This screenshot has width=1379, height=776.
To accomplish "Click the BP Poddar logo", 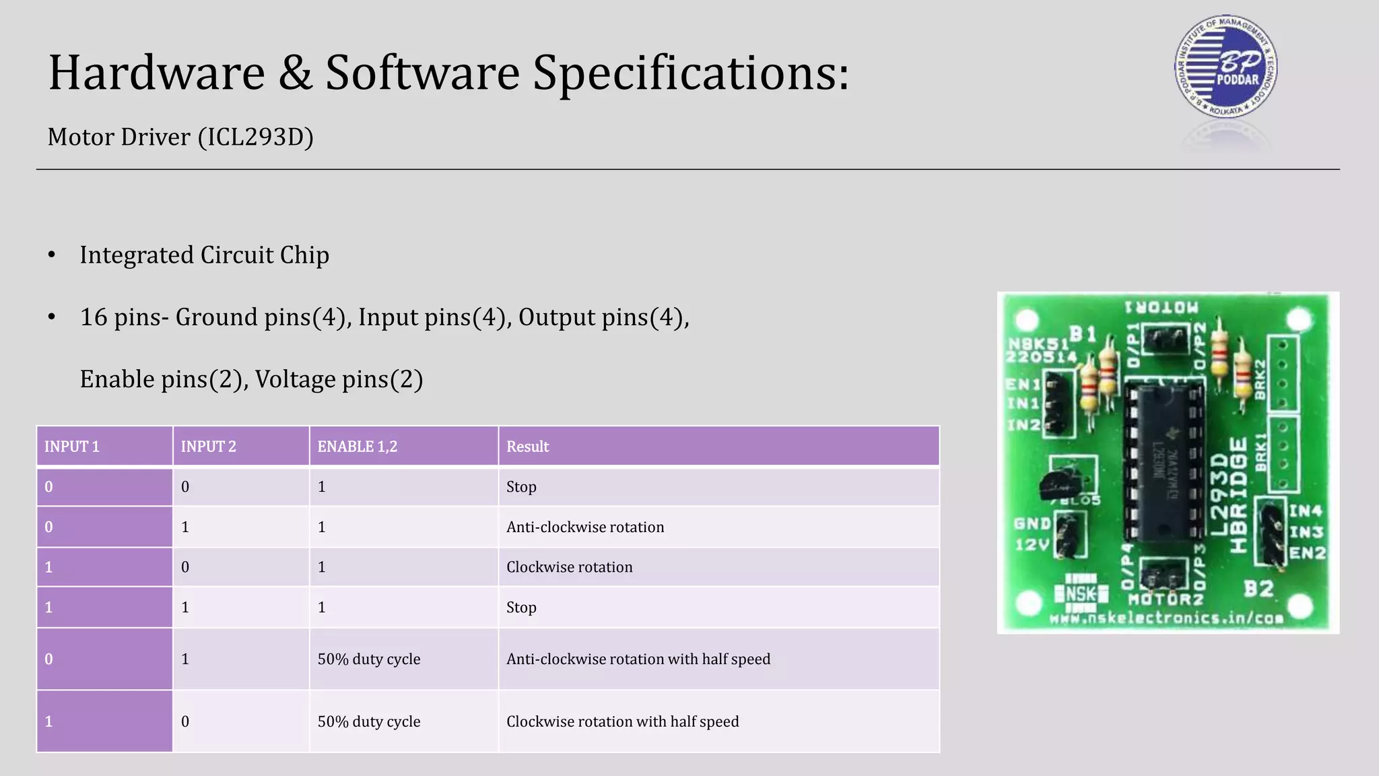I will (x=1225, y=67).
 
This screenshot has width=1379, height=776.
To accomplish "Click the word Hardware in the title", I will (x=157, y=73).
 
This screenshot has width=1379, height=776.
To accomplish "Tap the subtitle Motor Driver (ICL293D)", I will (x=180, y=137).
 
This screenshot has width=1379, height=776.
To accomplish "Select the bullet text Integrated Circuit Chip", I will (x=204, y=255).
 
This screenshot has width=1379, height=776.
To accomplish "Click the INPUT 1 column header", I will (x=72, y=447).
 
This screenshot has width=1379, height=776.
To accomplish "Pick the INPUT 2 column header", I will (x=209, y=447).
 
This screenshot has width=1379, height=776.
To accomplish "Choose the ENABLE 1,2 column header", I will (x=358, y=447).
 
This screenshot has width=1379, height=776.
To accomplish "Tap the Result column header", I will (x=528, y=447).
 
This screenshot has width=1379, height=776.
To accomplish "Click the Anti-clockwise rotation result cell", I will (x=585, y=527).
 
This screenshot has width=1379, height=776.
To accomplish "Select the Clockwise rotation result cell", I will (x=570, y=567).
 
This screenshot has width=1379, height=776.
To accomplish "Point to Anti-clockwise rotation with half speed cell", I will (x=638, y=659).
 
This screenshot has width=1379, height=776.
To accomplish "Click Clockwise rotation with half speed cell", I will (x=623, y=721).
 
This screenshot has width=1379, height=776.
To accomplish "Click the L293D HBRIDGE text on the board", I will (x=1230, y=495).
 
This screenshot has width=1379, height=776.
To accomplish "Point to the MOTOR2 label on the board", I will (x=1166, y=599).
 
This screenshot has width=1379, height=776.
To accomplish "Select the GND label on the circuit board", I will (x=1032, y=523).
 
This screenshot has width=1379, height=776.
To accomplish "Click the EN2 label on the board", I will (x=1307, y=553).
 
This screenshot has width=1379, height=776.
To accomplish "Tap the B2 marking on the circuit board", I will (x=1258, y=589).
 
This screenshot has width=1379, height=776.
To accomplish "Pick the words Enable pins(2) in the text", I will (x=161, y=379).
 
